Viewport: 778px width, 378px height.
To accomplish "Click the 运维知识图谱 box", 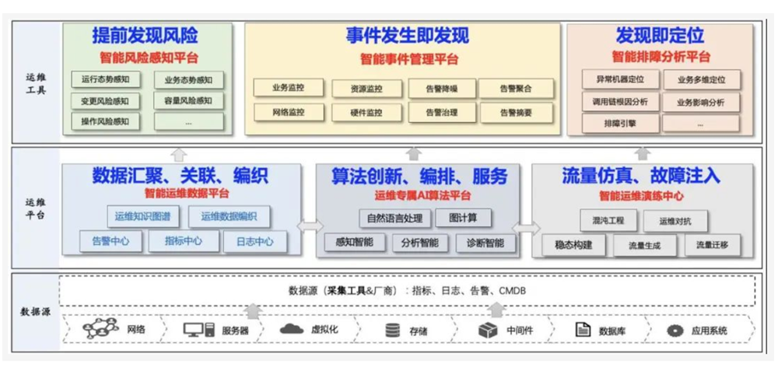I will pyautogui.click(x=142, y=217).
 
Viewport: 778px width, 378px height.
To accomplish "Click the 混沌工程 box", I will pyautogui.click(x=603, y=221).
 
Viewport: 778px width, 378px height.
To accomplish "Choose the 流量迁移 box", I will pyautogui.click(x=713, y=246).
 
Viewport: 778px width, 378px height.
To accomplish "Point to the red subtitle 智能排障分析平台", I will pyautogui.click(x=661, y=57).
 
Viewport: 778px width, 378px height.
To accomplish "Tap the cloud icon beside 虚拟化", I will pyautogui.click(x=292, y=329).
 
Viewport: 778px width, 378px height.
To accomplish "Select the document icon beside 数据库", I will pyautogui.click(x=581, y=330).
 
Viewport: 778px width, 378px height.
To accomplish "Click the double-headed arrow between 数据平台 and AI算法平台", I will pyautogui.click(x=310, y=226).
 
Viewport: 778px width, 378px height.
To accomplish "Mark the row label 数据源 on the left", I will pyautogui.click(x=36, y=312).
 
